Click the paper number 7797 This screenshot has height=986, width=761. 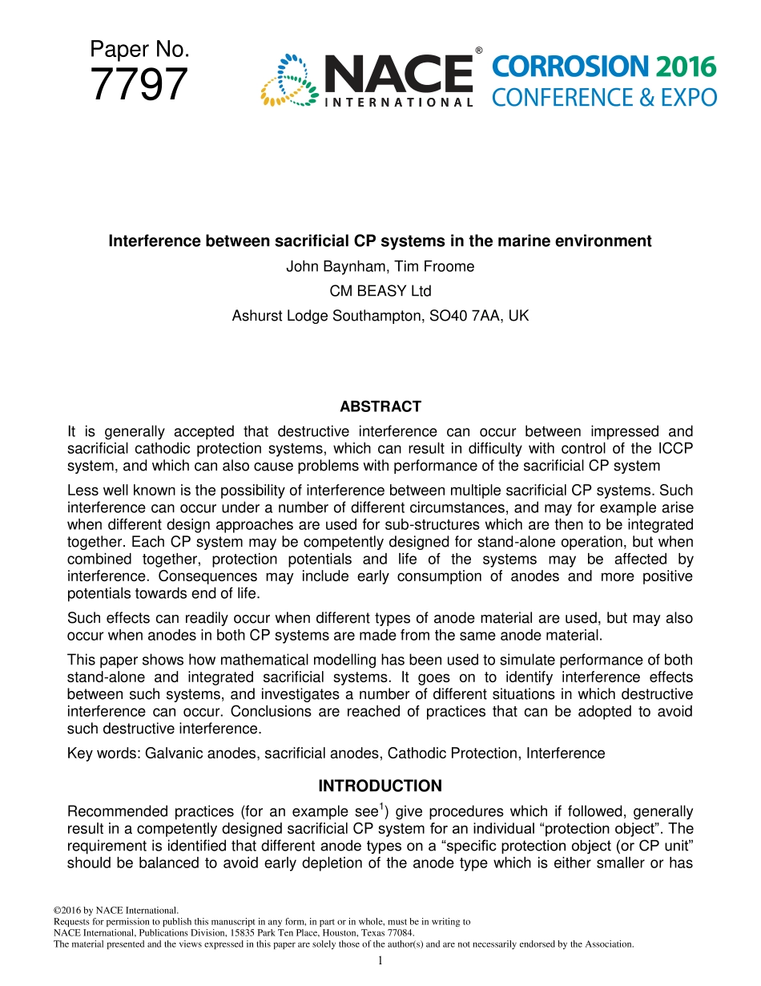pos(139,86)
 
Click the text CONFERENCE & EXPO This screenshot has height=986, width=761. pos(604,98)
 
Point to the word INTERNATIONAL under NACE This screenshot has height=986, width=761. pos(397,103)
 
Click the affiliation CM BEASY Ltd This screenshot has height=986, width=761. pos(380,291)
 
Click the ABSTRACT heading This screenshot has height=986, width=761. pos(380,406)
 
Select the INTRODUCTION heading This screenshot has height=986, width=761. pos(380,786)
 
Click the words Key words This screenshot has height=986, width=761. pos(102,753)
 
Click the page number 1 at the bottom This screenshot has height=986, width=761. pos(380,960)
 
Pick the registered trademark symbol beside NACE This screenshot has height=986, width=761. pos(478,51)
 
